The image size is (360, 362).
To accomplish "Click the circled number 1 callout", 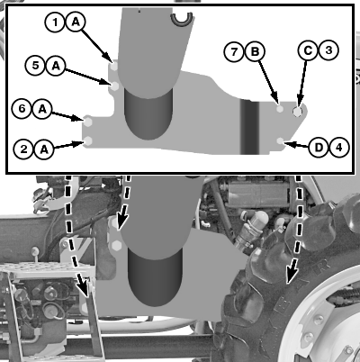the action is tap(55, 22).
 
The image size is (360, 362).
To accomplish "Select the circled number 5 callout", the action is tap(36, 65).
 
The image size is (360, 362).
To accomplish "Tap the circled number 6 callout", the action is tap(22, 109).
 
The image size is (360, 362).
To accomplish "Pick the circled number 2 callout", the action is tap(23, 149).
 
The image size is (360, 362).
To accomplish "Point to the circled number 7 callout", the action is tap(234, 52).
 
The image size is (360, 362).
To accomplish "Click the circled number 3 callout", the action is tap(328, 50).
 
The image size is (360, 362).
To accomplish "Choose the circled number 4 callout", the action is tap(339, 148).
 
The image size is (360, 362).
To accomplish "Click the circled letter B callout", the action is tap(255, 52).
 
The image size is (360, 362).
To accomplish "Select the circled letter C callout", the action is tap(308, 50).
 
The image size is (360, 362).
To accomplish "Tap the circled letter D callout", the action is tap(319, 148).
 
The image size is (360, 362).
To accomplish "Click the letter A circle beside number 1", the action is tap(76, 22).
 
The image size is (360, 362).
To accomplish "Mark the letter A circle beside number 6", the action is tap(42, 109).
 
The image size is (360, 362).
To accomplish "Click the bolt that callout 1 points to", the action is tap(114, 67).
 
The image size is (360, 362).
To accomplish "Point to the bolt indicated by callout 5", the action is tap(114, 86).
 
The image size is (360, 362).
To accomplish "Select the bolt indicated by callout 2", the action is tap(88, 140).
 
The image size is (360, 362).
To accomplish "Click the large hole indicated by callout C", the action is tap(297, 112).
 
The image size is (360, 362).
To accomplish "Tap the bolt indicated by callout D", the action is tap(280, 140).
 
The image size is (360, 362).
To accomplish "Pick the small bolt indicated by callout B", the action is tap(280, 109).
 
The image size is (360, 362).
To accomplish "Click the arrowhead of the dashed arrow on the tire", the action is tap(292, 276).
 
